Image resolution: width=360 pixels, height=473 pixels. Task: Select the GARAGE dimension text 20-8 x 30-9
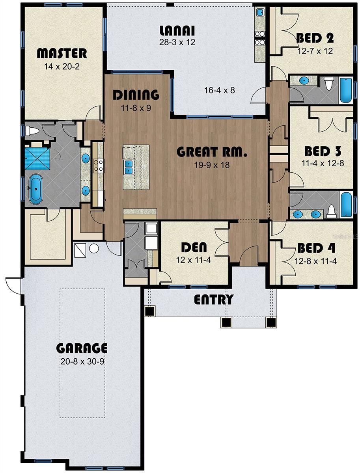point(82,361)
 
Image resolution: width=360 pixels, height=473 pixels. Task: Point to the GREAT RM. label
point(212,152)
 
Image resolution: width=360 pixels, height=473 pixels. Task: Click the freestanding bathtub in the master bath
point(35,189)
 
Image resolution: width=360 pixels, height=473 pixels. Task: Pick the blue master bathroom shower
point(37,159)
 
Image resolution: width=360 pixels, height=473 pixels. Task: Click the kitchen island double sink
point(129,167)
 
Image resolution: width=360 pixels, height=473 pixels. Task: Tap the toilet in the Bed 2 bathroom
point(328,83)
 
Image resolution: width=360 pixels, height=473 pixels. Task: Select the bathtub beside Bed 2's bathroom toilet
point(346,90)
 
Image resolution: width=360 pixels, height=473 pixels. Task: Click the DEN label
point(194,248)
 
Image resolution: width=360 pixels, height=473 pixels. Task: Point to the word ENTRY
point(214,300)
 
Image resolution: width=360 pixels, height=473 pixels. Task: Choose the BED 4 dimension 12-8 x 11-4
point(315,261)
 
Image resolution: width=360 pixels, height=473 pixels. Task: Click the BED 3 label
point(323,151)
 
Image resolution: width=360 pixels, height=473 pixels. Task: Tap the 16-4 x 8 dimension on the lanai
point(220,90)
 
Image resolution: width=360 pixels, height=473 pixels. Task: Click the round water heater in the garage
point(94,248)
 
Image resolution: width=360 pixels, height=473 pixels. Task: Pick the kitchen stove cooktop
point(99,165)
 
